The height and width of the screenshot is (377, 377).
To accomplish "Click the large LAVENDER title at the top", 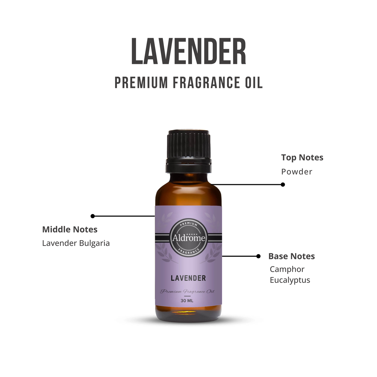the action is click(x=189, y=51).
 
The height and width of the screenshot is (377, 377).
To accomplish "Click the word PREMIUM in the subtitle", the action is click(x=141, y=82).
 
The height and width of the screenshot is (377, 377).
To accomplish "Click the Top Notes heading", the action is click(x=302, y=158).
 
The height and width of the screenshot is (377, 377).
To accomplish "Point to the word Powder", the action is click(x=297, y=172).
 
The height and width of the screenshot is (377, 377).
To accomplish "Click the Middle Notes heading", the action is click(x=70, y=230).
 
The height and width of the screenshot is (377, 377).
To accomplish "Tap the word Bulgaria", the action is click(x=94, y=243).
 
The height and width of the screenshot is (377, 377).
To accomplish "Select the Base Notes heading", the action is click(x=291, y=256).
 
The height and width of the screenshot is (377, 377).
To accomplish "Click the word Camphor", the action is click(x=287, y=270).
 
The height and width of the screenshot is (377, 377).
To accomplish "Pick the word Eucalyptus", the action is click(x=290, y=280).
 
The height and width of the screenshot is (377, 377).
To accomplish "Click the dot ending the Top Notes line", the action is click(x=283, y=184).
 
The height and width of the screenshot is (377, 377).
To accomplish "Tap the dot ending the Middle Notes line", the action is click(x=93, y=216).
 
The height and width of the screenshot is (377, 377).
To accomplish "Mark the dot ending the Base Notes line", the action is click(x=259, y=256).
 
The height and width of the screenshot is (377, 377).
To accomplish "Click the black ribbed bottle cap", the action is click(x=189, y=151).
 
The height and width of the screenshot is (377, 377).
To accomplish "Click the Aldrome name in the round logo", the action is click(x=189, y=238).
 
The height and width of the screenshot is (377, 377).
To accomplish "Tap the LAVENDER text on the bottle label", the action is click(x=188, y=278).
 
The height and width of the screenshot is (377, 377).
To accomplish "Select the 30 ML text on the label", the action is click(x=187, y=301).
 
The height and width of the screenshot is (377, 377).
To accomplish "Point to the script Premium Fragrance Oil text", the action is click(x=187, y=291).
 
